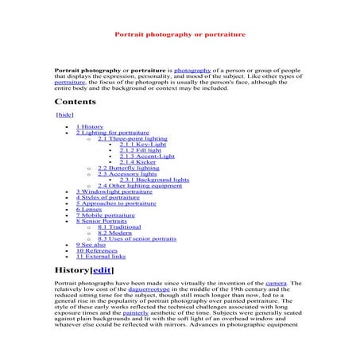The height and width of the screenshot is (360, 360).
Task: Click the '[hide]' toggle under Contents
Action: [64, 114]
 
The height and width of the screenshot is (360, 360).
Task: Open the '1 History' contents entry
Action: [90, 126]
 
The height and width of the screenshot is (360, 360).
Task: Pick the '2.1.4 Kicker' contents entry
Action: [138, 162]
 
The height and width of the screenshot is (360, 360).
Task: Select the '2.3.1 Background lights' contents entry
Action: [154, 180]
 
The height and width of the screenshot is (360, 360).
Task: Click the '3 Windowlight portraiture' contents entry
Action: [114, 192]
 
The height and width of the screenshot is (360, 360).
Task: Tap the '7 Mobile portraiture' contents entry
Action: [106, 215]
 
